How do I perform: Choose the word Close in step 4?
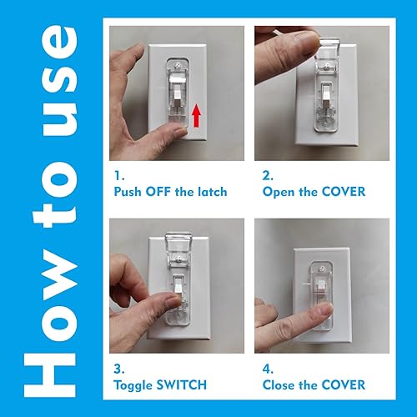tap(281, 384)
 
